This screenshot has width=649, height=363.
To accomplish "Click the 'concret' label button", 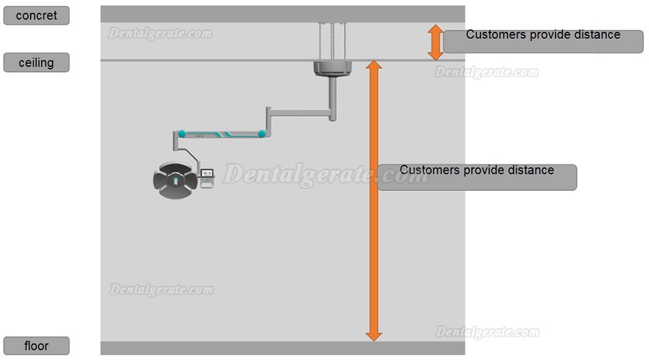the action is [36, 16].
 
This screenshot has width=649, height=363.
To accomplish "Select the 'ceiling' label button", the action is [36, 62].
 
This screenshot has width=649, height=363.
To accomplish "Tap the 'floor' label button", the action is [36, 345].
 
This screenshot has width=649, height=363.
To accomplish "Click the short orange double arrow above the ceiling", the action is [435, 42].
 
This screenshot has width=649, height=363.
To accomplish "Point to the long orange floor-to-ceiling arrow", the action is [374, 201].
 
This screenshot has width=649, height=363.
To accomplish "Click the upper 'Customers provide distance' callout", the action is [543, 41].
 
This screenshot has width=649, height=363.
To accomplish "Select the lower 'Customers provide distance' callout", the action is [477, 177].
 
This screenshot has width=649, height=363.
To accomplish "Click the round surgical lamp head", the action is [175, 181].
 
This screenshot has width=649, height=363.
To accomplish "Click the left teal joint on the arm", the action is [182, 134].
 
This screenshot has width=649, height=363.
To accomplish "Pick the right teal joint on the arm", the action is [262, 134].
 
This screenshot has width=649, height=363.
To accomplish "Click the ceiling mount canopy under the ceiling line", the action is [332, 69].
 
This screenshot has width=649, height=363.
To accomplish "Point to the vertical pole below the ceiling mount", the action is [332, 99].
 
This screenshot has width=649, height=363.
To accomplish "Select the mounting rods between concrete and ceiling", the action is [332, 42].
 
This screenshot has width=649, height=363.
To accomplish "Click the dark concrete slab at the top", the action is [283, 14].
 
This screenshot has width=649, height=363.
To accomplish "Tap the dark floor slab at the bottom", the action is [283, 348].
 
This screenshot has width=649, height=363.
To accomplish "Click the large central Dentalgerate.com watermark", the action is [326, 175].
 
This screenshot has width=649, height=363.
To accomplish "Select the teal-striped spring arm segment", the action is [222, 134].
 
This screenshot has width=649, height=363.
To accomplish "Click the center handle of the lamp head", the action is [175, 181].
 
